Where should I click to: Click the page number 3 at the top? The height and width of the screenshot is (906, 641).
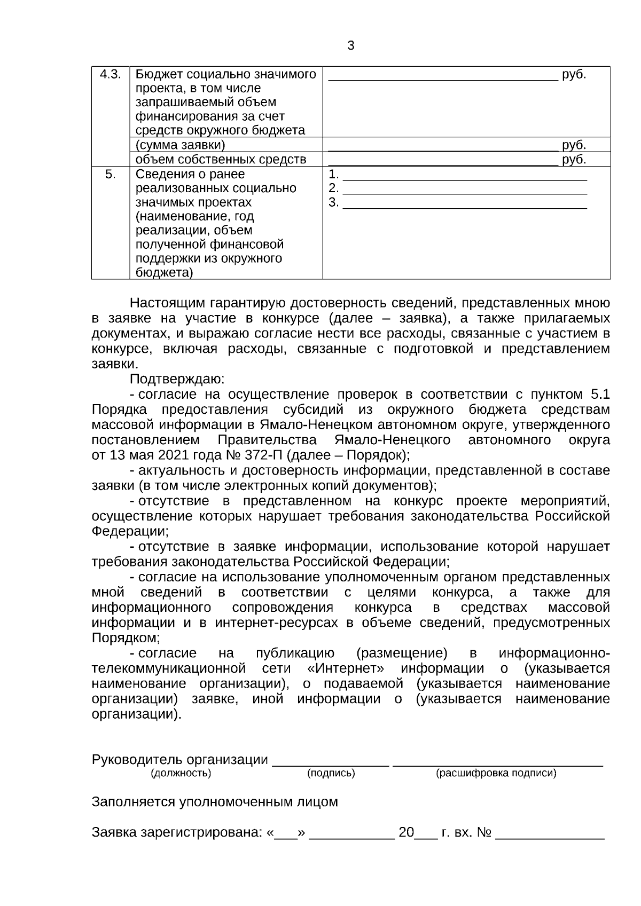[351, 46]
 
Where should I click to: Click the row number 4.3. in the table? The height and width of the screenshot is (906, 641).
[110, 74]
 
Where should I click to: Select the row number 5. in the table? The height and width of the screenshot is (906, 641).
[110, 174]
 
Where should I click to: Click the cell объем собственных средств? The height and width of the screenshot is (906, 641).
[221, 159]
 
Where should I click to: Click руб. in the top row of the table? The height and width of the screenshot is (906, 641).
[574, 74]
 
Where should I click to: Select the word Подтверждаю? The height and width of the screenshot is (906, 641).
[177, 379]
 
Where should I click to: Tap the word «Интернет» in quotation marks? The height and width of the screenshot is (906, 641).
[346, 668]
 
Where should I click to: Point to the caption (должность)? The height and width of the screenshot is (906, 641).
[181, 773]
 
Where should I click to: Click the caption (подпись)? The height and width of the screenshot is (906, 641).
[331, 773]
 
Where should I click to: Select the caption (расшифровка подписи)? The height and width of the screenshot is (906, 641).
[496, 773]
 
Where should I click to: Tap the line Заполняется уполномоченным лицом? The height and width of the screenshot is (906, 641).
[215, 802]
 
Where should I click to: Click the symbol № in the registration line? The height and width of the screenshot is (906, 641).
[483, 832]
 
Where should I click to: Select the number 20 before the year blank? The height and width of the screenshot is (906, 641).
[406, 832]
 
